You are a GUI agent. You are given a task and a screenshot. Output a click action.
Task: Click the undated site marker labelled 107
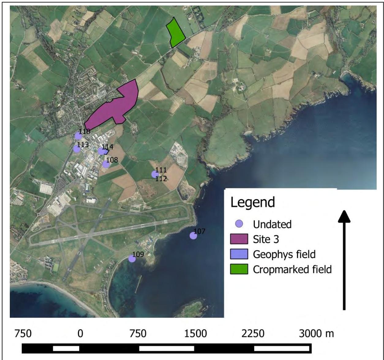(x=193, y=236)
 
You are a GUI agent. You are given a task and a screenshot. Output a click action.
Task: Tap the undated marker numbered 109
(x=132, y=259)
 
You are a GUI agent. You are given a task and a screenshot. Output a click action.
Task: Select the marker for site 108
(x=106, y=164)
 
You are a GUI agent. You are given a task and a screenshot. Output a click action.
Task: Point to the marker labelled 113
(x=77, y=149)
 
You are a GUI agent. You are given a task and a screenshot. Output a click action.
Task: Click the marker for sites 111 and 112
(x=155, y=174)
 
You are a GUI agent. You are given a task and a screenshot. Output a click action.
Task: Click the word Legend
(x=252, y=203)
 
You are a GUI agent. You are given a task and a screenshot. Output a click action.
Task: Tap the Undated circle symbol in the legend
(x=240, y=224)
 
